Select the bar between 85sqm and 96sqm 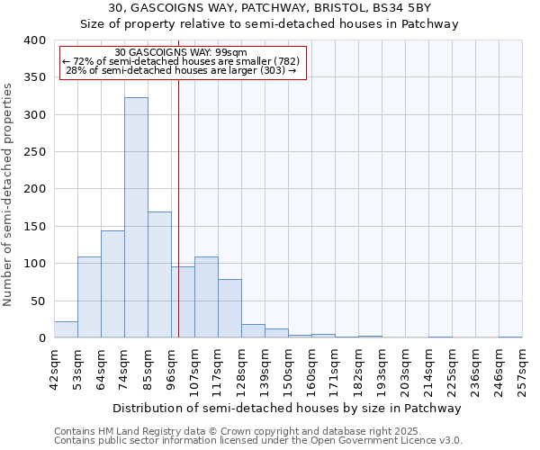click(159, 274)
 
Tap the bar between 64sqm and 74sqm click(112, 284)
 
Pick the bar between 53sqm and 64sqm click(89, 297)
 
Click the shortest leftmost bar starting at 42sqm click(66, 329)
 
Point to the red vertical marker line click(179, 180)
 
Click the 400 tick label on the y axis click(34, 40)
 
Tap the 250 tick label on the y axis click(34, 152)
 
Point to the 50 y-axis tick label click(38, 301)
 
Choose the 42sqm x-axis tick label click(54, 369)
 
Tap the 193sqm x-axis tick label click(382, 369)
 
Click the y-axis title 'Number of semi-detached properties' click(9, 194)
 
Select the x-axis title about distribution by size click(288, 408)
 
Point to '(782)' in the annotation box click(282, 61)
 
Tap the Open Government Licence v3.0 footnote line click(258, 441)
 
